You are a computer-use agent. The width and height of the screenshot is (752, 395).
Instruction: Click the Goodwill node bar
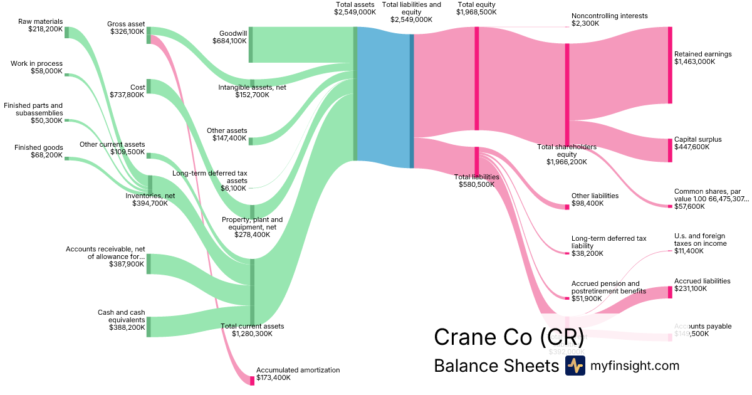point(251,45)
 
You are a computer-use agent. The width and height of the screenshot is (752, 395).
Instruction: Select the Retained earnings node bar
point(670,65)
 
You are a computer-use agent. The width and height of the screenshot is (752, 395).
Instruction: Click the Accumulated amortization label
point(298,370)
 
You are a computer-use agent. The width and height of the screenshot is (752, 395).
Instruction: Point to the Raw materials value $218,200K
point(45,29)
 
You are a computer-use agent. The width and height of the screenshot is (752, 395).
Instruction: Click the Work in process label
point(36,63)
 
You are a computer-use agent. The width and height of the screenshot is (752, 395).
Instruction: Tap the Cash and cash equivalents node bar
point(149,327)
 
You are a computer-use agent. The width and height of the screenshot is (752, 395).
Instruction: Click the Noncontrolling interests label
point(609,16)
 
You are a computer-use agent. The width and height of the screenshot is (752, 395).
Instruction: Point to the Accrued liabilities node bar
point(670,292)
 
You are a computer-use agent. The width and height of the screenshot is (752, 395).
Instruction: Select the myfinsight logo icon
point(575,366)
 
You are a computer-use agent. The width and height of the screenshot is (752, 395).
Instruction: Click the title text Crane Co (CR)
point(508,337)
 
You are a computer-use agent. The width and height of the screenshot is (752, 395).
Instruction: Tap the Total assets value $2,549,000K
point(355,12)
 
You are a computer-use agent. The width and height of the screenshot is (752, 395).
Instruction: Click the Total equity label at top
point(476,4)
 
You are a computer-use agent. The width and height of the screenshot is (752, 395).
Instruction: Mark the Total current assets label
point(252,326)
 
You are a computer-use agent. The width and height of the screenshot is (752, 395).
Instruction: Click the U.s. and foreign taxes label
point(700,239)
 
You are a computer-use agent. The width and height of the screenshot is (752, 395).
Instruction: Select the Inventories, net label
point(150,195)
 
